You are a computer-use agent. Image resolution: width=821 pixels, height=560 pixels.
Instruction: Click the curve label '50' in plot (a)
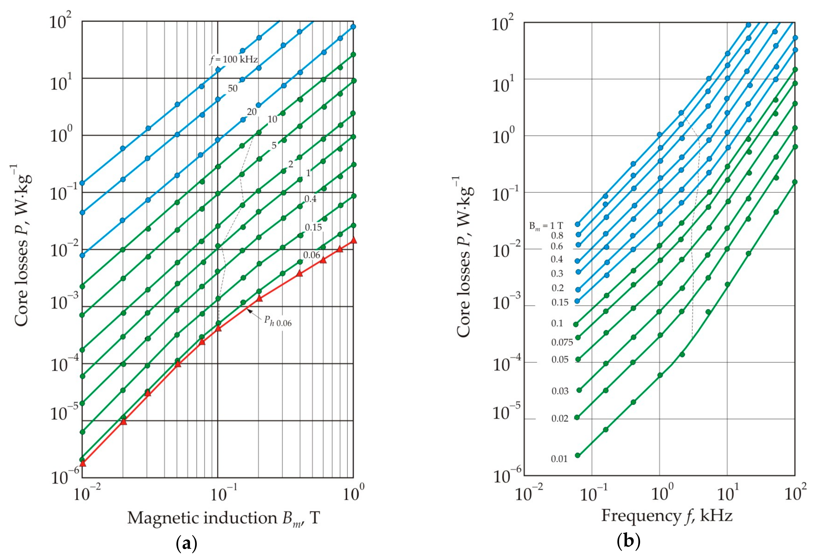[x=232, y=88]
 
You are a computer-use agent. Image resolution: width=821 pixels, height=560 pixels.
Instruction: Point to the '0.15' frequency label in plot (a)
[x=313, y=227]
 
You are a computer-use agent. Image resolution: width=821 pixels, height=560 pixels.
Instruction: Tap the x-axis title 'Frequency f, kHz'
[x=667, y=516]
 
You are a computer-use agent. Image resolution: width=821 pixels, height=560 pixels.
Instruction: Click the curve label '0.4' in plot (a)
[x=310, y=199]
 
